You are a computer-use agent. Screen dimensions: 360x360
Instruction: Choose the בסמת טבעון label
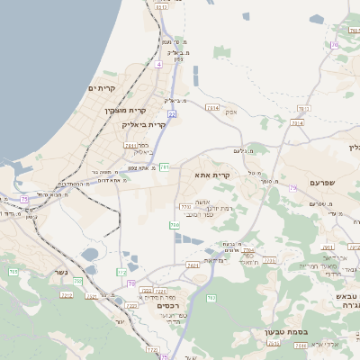pyautogui.click(x=287, y=331)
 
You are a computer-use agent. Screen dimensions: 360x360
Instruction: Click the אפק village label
pyautogui.click(x=231, y=112)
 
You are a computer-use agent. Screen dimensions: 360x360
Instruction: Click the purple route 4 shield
pyautogui.click(x=158, y=65)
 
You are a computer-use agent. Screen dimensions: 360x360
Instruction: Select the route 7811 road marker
pyautogui.click(x=131, y=145)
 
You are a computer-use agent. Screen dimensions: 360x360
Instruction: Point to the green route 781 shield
pyautogui.click(x=165, y=167)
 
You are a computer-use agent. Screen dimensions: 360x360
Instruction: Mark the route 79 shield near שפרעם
pyautogui.click(x=292, y=188)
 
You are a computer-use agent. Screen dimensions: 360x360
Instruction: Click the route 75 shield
pyautogui.click(x=24, y=198)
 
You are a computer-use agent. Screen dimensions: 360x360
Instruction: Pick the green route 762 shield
pyautogui.click(x=211, y=297)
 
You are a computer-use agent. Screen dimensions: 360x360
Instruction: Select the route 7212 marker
pyautogui.click(x=66, y=294)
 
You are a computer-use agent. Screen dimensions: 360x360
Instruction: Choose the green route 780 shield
pyautogui.click(x=175, y=225)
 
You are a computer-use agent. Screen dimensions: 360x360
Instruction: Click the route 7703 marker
pyautogui.click(x=185, y=207)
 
